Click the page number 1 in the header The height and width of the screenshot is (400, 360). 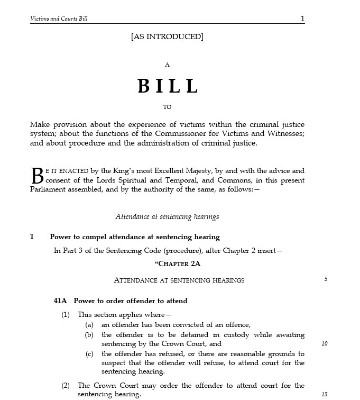[302, 19]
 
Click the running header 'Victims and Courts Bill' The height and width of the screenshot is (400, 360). [59, 19]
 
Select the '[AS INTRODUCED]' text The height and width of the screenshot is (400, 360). [167, 37]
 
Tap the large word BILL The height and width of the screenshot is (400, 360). [168, 86]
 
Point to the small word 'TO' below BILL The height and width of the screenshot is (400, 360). [167, 107]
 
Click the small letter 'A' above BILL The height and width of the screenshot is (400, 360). [167, 65]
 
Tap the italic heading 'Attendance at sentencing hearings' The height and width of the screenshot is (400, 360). [167, 217]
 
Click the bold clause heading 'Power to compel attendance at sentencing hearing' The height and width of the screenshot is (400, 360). [135, 237]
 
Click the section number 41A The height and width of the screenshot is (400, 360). [60, 301]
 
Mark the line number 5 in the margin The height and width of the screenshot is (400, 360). [326, 279]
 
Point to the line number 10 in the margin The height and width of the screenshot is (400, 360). [325, 344]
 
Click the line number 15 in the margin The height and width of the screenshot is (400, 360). [325, 395]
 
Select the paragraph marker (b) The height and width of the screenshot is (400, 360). [90, 335]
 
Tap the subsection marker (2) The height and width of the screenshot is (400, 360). [66, 386]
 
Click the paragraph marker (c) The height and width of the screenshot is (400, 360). [90, 354]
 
